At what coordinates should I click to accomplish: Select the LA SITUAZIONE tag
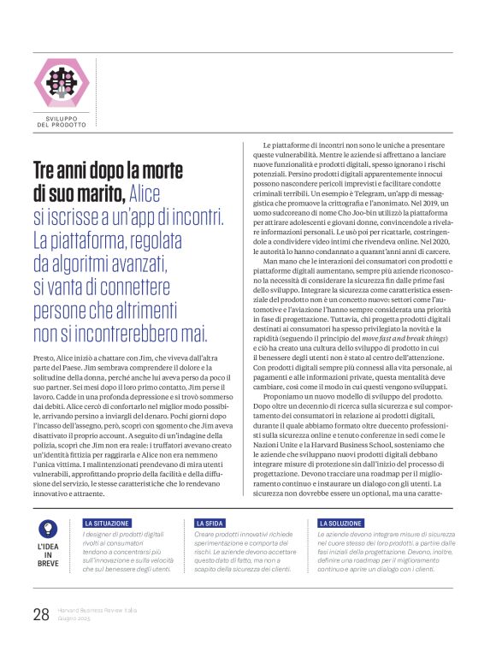point(107,523)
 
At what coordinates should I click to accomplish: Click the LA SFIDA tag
point(210,523)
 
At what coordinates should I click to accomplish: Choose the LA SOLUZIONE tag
point(340,523)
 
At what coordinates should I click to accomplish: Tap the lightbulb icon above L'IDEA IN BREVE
point(50,529)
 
